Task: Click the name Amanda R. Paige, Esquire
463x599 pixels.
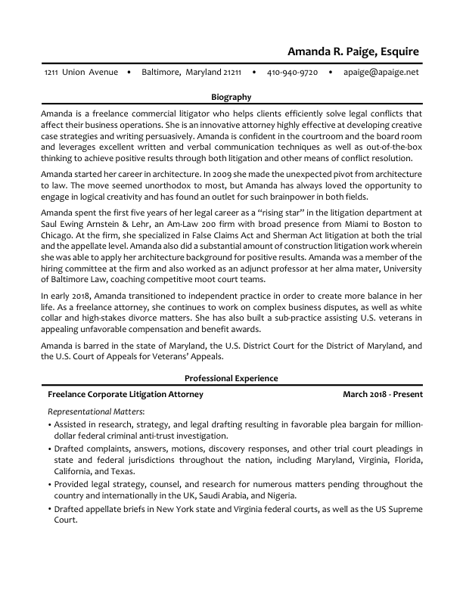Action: (x=353, y=52)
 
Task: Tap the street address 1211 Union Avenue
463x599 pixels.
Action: (x=81, y=73)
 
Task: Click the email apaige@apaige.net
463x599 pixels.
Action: (x=381, y=73)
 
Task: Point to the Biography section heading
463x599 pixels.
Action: (x=231, y=97)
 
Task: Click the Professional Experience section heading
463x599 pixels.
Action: (x=231, y=378)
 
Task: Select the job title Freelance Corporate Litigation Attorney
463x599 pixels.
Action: (x=125, y=394)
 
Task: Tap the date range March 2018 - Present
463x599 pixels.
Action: (x=382, y=394)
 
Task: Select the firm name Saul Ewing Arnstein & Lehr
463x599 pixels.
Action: (x=95, y=225)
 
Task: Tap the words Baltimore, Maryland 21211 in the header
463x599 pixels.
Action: (x=191, y=73)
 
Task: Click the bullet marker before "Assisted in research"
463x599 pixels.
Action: (x=49, y=425)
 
